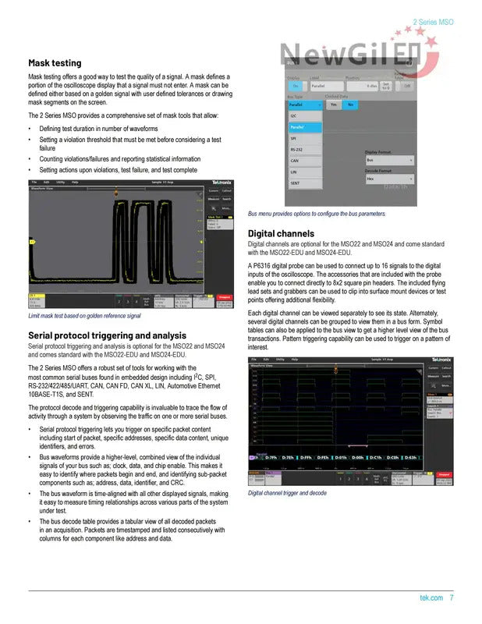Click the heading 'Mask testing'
(55, 62)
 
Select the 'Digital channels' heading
(281, 233)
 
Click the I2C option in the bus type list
(294, 115)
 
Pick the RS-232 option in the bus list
(297, 149)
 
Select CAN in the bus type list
(295, 161)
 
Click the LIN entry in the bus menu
(294, 172)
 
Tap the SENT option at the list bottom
(296, 183)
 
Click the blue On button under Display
(296, 86)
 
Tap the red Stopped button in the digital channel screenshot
(444, 473)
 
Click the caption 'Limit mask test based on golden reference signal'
(84, 316)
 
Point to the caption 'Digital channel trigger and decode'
(287, 494)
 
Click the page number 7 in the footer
(452, 598)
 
